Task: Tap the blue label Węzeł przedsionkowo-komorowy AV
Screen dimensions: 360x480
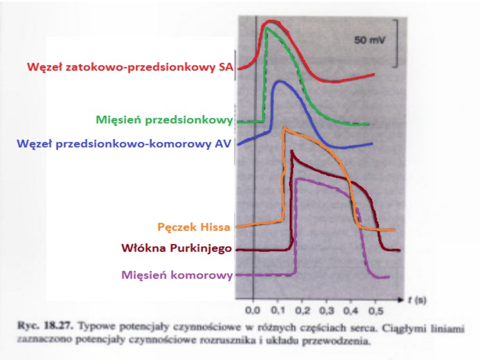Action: tap(124, 144)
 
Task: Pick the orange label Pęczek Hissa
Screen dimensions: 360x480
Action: tap(194, 228)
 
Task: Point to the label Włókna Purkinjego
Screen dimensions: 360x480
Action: tap(176, 248)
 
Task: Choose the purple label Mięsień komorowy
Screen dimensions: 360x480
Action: tap(177, 275)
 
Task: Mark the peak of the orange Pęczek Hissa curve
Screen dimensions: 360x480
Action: tap(284, 129)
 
